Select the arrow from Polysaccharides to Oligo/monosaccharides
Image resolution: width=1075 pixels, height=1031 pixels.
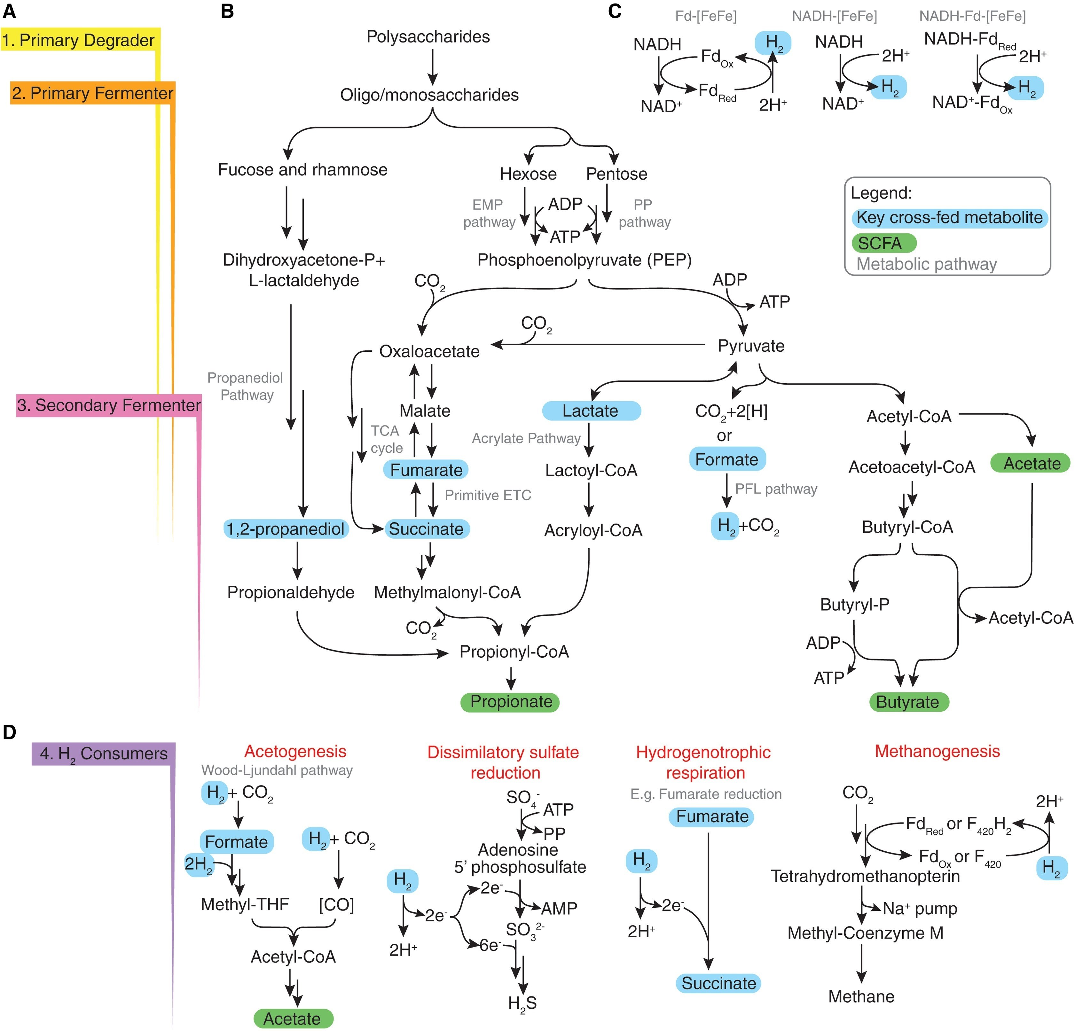click(x=432, y=66)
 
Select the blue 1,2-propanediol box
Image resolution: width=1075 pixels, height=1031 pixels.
click(x=286, y=529)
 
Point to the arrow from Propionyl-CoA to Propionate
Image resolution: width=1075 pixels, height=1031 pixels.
click(x=511, y=678)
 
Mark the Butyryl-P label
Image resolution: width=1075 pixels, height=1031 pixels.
click(x=854, y=604)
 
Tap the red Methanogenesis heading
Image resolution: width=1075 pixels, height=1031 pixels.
click(x=937, y=751)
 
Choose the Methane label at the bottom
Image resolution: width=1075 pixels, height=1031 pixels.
click(x=861, y=996)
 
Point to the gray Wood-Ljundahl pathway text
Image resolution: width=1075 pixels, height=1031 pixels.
click(x=277, y=770)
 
